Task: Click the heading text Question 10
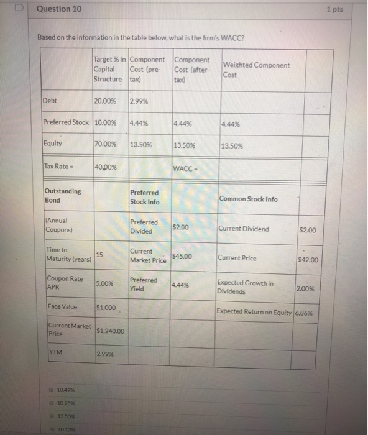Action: click(x=55, y=10)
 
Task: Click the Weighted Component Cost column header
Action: click(x=255, y=69)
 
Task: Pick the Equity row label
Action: click(x=53, y=144)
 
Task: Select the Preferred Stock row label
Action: click(x=67, y=122)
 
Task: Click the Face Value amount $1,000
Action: click(x=106, y=308)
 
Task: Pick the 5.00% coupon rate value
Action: click(x=105, y=283)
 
